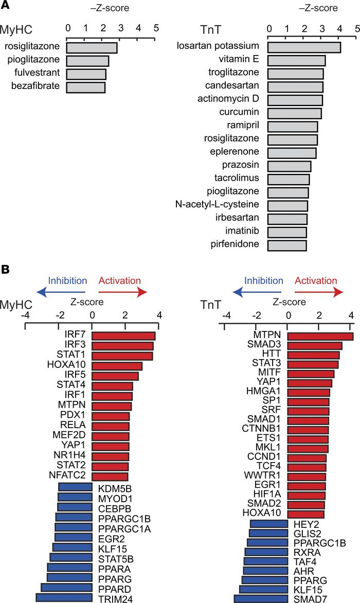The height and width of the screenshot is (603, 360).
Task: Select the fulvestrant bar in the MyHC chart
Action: pos(86,74)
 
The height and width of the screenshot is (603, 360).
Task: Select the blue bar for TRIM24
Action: pos(64,597)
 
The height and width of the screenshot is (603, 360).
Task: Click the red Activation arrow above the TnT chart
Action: pos(319,292)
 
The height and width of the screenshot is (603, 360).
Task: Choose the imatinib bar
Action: pos(287,232)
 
